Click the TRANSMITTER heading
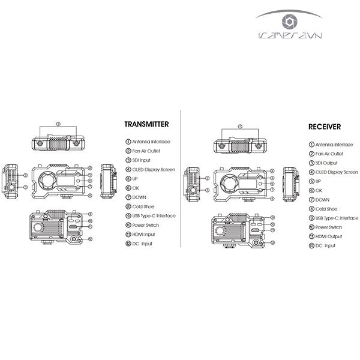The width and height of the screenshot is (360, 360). tap(146, 125)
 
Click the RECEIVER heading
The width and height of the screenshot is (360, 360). tap(325, 127)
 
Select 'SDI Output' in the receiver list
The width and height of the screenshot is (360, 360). tap(328, 163)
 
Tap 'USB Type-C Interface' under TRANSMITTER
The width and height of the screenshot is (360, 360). tap(154, 215)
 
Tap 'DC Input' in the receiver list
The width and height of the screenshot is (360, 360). tap(326, 246)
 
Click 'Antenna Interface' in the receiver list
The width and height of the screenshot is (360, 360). tap(334, 145)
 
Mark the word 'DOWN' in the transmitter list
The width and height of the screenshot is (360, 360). tap(140, 197)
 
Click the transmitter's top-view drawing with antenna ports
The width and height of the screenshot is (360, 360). tap(58, 144)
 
